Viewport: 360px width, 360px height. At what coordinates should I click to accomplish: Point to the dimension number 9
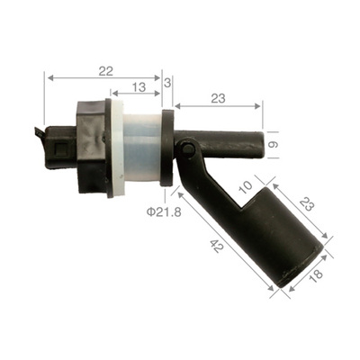274,143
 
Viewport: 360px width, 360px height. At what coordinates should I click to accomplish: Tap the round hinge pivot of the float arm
187,148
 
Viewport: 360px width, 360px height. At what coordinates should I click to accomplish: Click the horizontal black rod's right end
262,143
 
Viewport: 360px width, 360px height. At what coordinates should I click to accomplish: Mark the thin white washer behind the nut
114,149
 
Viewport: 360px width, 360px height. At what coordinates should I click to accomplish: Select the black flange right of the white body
167,148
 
